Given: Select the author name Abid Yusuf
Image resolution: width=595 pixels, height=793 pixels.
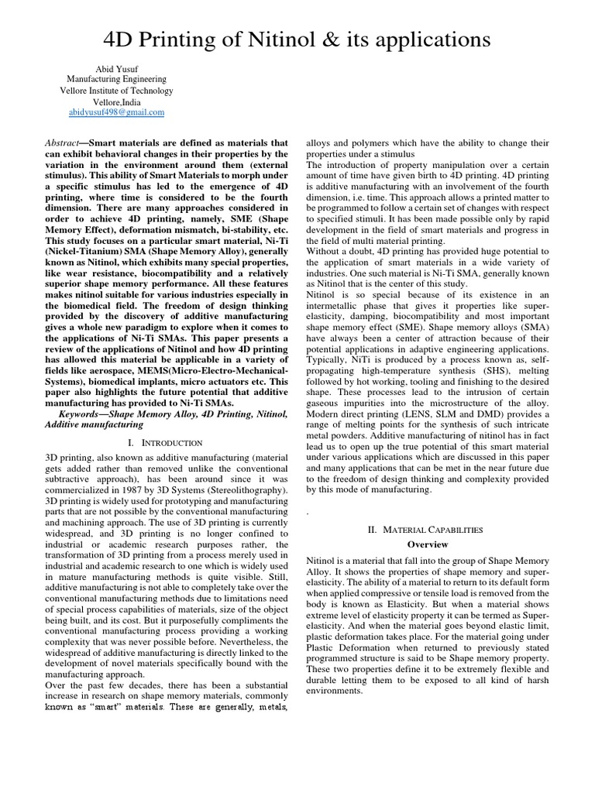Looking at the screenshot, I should [116, 67].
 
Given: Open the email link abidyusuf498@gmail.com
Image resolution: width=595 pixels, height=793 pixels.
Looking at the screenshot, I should [116, 112].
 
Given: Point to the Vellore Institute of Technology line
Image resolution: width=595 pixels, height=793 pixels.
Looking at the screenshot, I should [116, 90].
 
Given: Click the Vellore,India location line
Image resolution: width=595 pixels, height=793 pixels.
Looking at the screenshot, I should [116, 101].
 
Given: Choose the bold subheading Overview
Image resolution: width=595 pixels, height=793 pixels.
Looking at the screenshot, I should [428, 544].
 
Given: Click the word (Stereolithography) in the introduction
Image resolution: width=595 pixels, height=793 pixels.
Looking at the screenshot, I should [243, 490].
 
